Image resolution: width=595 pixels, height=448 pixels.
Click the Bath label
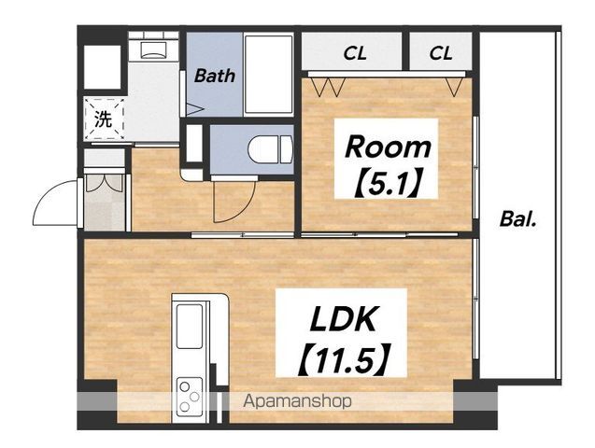[x=215, y=76]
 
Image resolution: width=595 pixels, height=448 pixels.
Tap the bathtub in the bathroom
[x=269, y=74]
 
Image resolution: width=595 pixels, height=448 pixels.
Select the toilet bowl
[x=270, y=149]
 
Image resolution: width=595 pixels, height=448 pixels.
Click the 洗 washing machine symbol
[x=104, y=119]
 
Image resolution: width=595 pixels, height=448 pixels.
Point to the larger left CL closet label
[x=355, y=53]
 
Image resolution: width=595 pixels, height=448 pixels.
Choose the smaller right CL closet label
[x=441, y=53]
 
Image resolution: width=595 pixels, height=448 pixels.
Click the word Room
[x=388, y=147]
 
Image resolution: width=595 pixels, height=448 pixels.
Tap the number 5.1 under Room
[x=388, y=182]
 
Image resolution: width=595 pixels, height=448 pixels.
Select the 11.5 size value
[x=344, y=360]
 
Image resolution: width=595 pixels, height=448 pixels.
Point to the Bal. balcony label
[x=518, y=219]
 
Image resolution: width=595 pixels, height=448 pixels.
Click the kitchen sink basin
[x=189, y=327]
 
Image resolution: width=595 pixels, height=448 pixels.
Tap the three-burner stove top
[x=189, y=397]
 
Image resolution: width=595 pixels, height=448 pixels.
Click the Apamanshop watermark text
[x=297, y=400]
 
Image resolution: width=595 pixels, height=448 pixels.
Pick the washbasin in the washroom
[x=153, y=49]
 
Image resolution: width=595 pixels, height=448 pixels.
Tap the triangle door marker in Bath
[x=195, y=110]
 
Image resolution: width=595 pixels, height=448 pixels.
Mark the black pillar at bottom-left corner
[x=97, y=404]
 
